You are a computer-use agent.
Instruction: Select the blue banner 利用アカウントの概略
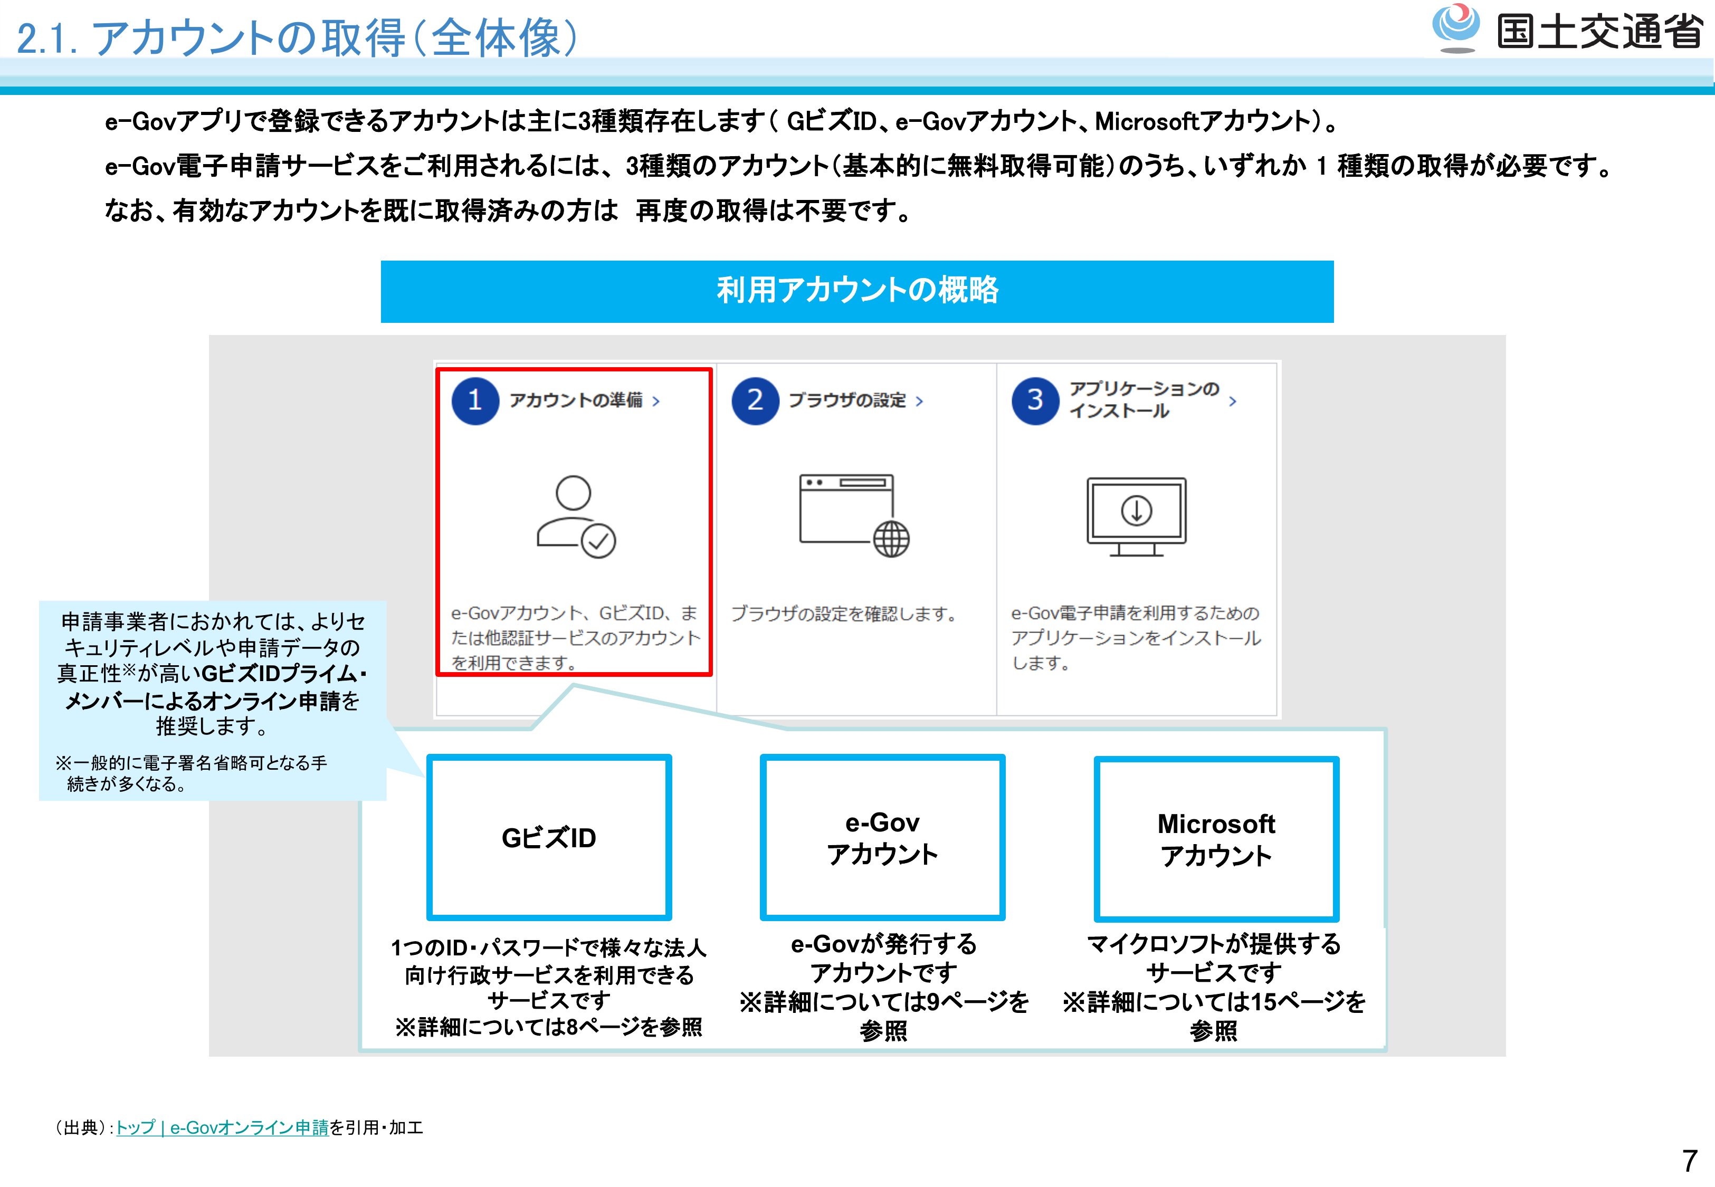(857, 291)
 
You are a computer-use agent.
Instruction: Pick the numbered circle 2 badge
(755, 401)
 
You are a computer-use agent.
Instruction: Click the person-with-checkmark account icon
(576, 517)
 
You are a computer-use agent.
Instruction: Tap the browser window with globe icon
(854, 515)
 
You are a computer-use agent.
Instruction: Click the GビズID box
(549, 837)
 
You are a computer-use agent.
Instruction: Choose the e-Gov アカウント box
(882, 837)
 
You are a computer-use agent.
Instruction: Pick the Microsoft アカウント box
(1216, 839)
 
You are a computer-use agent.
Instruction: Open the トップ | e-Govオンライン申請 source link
(222, 1127)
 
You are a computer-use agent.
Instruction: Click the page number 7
(1690, 1160)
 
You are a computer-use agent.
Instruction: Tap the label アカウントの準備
(576, 400)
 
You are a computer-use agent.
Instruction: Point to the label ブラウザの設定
(847, 400)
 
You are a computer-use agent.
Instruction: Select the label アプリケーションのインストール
(1144, 400)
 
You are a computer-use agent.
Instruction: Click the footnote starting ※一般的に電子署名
(191, 773)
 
